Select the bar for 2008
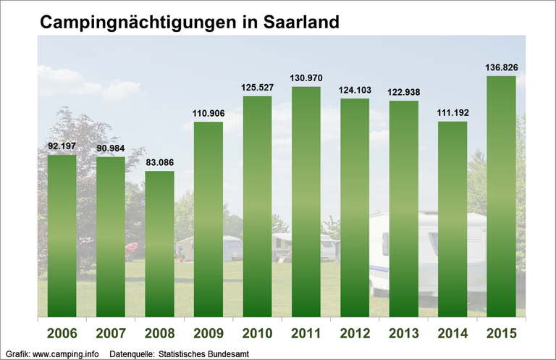pos(159,243)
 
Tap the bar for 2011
pos(306,201)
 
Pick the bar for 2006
pos(62,235)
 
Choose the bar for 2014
pos(452,219)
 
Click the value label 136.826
pos(501,67)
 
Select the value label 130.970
pos(306,78)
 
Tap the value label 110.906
pos(208,113)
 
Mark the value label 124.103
pos(355,90)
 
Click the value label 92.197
pos(62,147)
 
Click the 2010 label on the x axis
pos(257,334)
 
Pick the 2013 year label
pos(403,334)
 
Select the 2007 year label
pos(110,334)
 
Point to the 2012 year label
pos(355,334)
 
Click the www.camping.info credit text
pos(67,353)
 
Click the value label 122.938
pos(403,92)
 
